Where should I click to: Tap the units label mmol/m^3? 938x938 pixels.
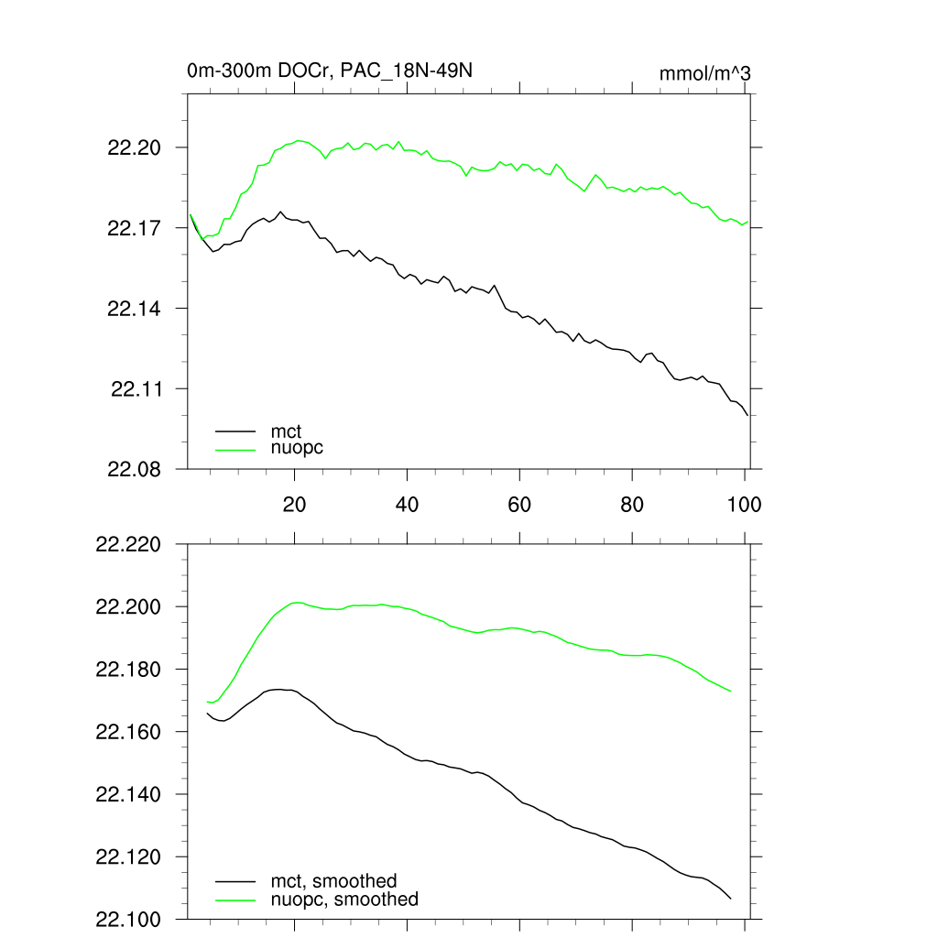(x=705, y=73)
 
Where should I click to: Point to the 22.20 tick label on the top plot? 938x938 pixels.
(x=135, y=147)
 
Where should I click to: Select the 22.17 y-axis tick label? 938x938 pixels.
(x=135, y=228)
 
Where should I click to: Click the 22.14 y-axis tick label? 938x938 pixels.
(x=135, y=309)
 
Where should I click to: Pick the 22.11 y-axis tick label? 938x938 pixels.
(x=135, y=389)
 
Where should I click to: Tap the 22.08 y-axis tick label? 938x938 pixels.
(x=135, y=469)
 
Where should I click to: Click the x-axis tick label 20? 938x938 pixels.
(x=294, y=505)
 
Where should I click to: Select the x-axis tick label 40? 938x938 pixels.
(x=407, y=505)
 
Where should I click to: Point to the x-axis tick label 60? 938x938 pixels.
(x=519, y=505)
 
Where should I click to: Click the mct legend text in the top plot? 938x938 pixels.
(x=286, y=431)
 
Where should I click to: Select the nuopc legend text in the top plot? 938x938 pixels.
(x=297, y=448)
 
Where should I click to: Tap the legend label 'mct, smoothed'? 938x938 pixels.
(x=333, y=881)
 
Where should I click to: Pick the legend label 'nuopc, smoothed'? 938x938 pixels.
(x=344, y=900)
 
